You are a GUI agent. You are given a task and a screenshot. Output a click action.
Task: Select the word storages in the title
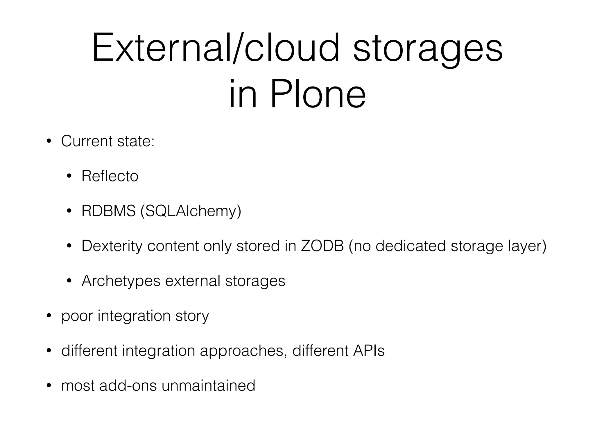point(428,48)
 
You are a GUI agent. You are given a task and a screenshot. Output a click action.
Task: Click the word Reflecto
point(110,176)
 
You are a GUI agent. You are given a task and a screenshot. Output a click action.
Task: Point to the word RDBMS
point(108,211)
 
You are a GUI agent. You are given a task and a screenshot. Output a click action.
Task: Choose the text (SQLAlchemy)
point(191,211)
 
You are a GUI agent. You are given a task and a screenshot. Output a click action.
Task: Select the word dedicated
point(411,246)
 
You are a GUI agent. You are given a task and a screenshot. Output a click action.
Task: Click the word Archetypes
point(121,281)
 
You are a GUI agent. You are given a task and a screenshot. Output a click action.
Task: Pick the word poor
point(77,316)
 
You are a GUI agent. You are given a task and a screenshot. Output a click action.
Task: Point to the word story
point(192,316)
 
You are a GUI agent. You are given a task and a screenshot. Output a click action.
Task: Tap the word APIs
point(369,350)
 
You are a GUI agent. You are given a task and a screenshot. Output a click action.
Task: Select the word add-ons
point(128,386)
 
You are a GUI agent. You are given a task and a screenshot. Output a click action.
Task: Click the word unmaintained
point(208,386)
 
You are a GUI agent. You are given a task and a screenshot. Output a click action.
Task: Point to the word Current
point(87,141)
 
